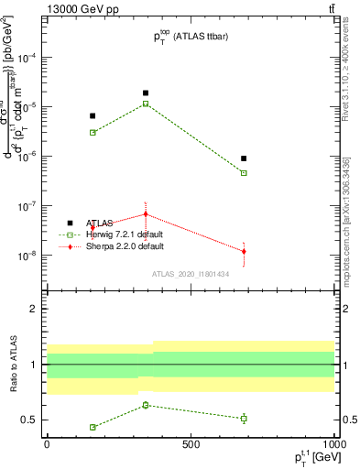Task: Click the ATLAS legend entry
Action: coord(101,223)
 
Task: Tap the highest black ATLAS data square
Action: coord(146,93)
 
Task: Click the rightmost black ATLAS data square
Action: coord(244,158)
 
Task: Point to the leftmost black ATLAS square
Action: coord(93,115)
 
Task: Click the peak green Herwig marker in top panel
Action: coord(146,104)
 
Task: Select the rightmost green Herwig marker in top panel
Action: coord(244,172)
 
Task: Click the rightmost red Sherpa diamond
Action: coord(244,251)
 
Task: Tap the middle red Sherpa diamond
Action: coord(146,214)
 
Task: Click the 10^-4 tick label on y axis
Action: coord(27,57)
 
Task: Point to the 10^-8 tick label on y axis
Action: coord(27,256)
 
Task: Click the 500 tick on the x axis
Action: coord(190,444)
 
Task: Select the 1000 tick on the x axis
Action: coord(333,444)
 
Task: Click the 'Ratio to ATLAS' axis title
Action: coord(11,365)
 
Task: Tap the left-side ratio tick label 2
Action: coord(34,309)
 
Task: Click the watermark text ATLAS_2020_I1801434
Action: coord(190,273)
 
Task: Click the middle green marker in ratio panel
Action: coord(146,405)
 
